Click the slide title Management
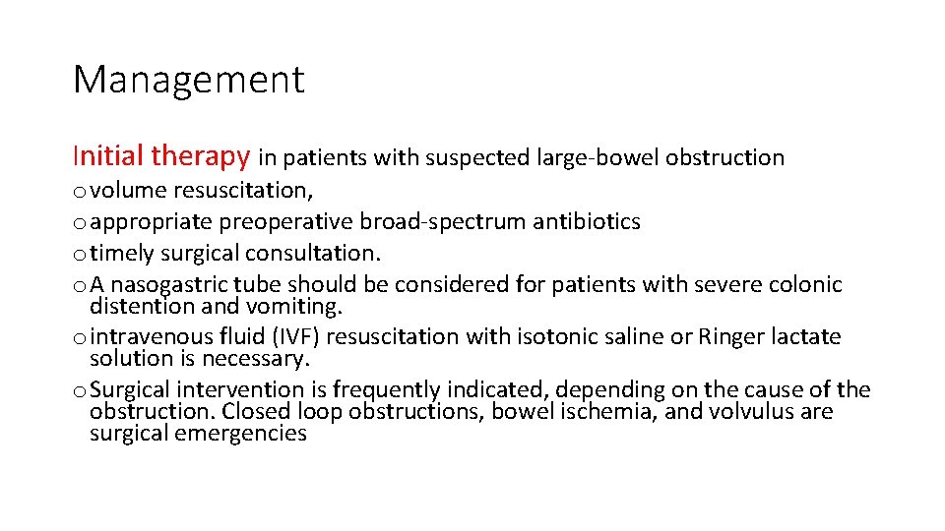pyautogui.click(x=189, y=80)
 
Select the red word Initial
pyautogui.click(x=108, y=155)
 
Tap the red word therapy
pyautogui.click(x=201, y=156)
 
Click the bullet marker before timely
pyautogui.click(x=79, y=255)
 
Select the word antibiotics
pyautogui.click(x=587, y=221)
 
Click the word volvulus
pyautogui.click(x=747, y=411)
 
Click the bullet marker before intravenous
pyautogui.click(x=79, y=337)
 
